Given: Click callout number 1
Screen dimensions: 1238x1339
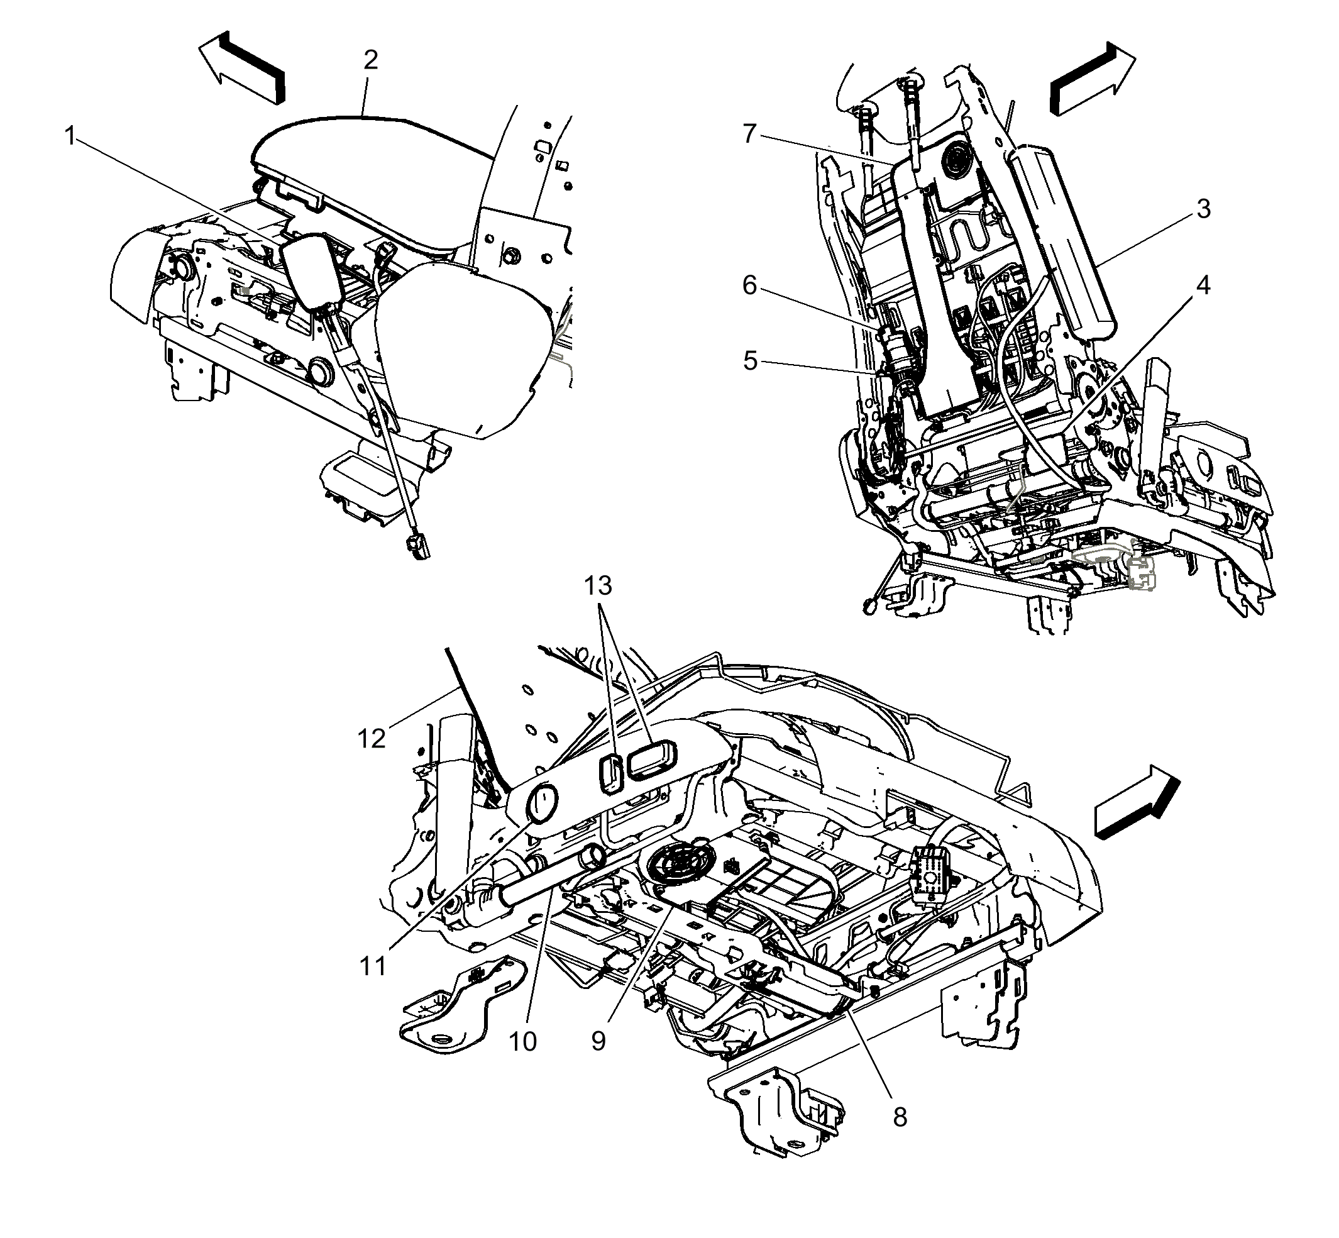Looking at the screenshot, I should pyautogui.click(x=70, y=136).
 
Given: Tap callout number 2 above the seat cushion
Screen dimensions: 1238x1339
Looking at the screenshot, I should pyautogui.click(x=370, y=60).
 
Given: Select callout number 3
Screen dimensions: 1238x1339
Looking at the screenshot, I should pyautogui.click(x=1203, y=209).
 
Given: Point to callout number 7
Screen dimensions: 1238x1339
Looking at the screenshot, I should pyautogui.click(x=749, y=134).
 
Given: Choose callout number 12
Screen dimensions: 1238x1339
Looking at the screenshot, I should pyautogui.click(x=372, y=739).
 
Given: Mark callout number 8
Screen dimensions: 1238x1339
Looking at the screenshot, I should pyautogui.click(x=900, y=1117).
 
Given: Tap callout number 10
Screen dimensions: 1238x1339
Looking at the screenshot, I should pyautogui.click(x=522, y=1042).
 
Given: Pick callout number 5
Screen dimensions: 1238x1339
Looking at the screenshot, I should pyautogui.click(x=749, y=361).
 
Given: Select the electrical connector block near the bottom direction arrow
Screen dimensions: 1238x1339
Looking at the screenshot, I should pyautogui.click(x=930, y=873).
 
